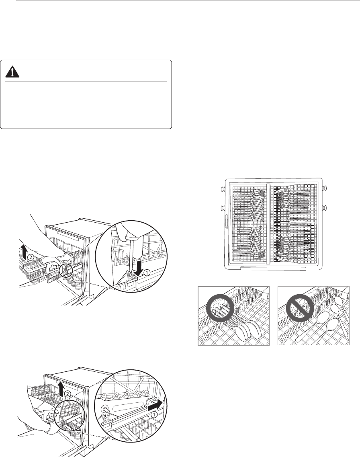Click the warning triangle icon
[x=12, y=72]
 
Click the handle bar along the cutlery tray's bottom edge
[x=273, y=268]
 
